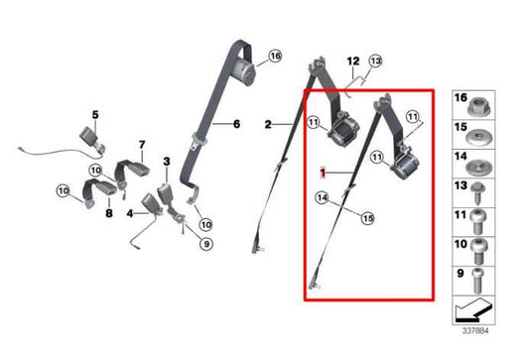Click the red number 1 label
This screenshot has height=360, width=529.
coord(323,172)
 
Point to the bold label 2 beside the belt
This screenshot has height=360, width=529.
coord(268,125)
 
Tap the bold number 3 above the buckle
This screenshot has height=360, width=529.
coord(167,160)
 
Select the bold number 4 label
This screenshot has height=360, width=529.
coord(130,213)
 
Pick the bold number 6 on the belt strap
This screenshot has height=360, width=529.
coord(237,124)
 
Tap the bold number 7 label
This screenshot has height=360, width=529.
coord(142,145)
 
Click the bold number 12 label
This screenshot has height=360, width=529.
coord(351,61)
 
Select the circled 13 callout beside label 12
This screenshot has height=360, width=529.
coord(373,60)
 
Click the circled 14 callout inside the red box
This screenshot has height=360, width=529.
coord(323,198)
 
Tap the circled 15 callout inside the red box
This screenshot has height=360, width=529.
coord(367,217)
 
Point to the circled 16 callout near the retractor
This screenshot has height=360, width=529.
coord(275,56)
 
